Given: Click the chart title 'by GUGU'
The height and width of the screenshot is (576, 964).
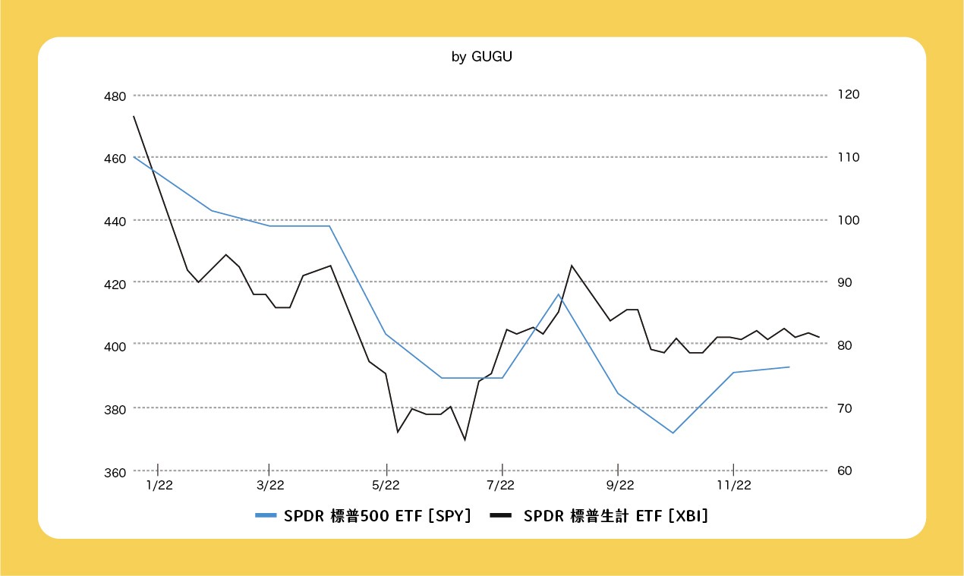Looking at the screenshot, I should (481, 57).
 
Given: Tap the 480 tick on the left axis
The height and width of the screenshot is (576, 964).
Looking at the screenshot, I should (115, 96).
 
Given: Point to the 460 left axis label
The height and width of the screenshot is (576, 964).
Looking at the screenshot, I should (115, 159).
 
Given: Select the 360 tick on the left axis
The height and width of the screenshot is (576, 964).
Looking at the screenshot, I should (115, 472).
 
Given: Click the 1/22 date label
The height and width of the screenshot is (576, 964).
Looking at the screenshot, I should (159, 485).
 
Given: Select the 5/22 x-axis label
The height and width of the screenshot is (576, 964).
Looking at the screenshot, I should (386, 485).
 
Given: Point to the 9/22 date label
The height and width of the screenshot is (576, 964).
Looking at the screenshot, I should (619, 485).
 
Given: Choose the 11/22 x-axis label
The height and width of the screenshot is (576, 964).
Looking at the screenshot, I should (733, 485).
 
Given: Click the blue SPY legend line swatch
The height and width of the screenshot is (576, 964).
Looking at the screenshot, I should (266, 516).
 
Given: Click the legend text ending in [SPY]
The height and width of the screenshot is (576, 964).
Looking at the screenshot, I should (378, 516).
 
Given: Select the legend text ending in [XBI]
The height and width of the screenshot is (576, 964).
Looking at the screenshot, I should (616, 516).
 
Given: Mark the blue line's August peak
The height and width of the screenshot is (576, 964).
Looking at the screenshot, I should (559, 294).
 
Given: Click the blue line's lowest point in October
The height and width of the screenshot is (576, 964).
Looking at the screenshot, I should (673, 433).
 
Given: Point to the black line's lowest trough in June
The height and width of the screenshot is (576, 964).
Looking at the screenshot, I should (465, 439).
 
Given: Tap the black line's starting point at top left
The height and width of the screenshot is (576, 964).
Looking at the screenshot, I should (134, 116).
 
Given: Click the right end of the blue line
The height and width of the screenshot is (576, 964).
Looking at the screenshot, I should (789, 367).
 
